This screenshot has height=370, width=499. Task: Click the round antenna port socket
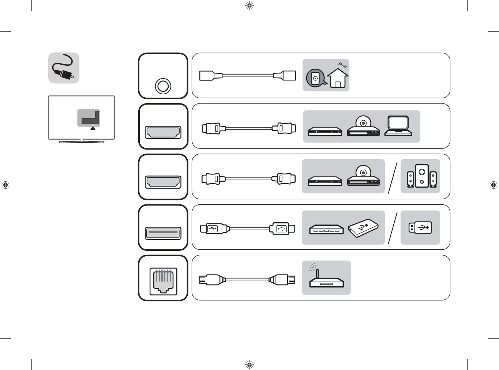[163, 87]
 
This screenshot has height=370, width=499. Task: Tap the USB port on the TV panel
[163, 233]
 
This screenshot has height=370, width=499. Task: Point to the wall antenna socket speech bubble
[315, 78]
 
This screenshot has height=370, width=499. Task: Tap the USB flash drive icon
[420, 228]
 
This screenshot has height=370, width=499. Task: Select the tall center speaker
[422, 176]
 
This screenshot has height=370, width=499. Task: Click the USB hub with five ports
[326, 229]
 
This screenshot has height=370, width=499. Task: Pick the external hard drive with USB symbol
[363, 228]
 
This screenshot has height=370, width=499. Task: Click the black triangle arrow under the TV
[93, 128]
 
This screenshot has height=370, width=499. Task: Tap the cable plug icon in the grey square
[64, 68]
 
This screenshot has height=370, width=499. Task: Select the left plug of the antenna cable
[210, 76]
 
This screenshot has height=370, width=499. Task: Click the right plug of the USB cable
[282, 229]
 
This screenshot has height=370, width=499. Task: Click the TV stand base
[82, 141]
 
